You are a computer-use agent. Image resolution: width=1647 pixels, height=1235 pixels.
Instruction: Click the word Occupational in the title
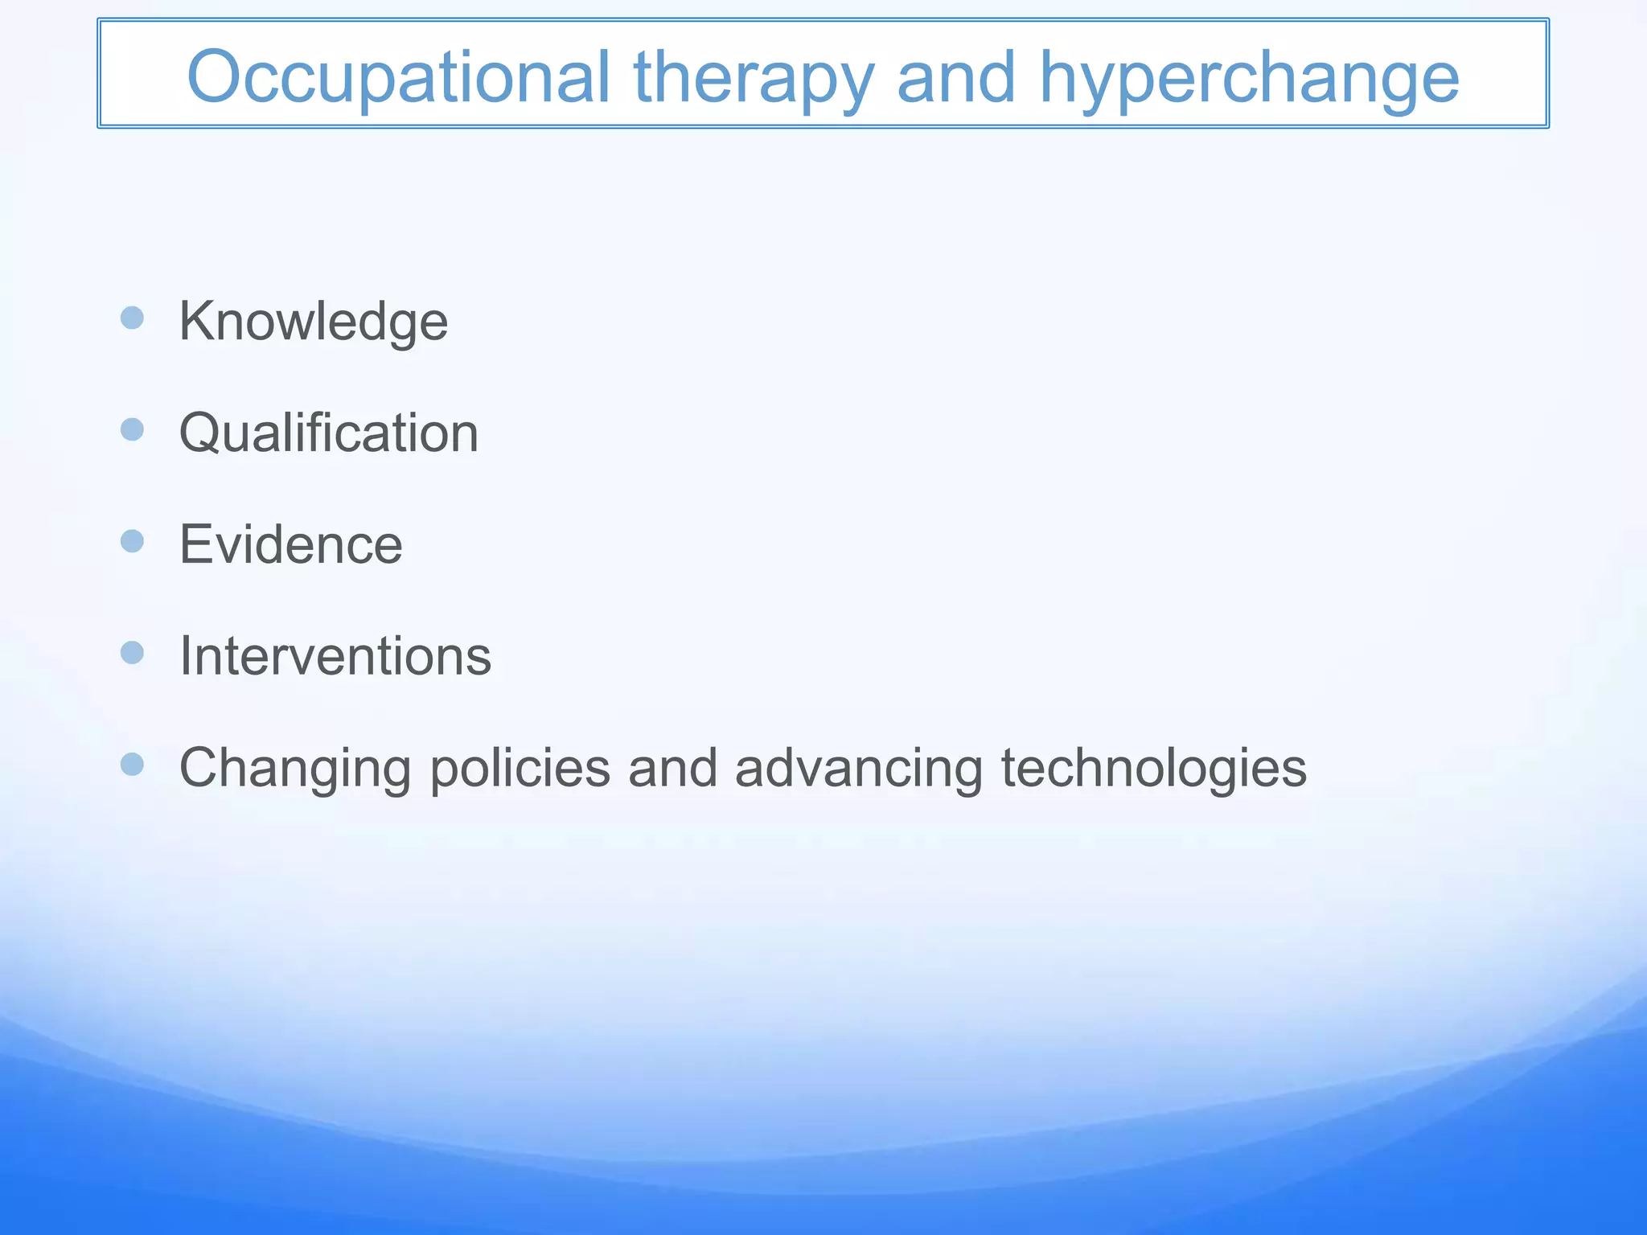398,77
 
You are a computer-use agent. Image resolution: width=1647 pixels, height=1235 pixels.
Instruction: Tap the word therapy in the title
754,79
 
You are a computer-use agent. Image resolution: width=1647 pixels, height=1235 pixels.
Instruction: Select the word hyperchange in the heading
1249,79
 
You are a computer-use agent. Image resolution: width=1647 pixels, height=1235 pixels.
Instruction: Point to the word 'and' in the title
956,77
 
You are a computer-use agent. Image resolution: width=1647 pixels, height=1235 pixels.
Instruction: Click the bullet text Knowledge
313,322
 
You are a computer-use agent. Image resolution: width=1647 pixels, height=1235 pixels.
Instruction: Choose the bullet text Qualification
328,433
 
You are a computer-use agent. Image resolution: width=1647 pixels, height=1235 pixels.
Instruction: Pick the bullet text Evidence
290,544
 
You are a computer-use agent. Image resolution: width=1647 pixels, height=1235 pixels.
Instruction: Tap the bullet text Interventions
335,656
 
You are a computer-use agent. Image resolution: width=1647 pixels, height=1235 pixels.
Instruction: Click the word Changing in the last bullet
295,769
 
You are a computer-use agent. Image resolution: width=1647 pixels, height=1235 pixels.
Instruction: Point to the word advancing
858,768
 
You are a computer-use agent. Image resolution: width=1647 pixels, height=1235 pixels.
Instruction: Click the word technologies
1153,768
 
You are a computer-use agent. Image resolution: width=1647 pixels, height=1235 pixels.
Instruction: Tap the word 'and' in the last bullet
672,768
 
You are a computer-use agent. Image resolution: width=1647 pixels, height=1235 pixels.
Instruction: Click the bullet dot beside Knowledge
132,318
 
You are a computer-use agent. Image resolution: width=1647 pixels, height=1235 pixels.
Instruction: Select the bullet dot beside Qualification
132,429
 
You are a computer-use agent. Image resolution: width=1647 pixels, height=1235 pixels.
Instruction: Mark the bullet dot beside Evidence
132,541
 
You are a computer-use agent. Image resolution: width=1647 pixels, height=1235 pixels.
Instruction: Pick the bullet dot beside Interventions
132,652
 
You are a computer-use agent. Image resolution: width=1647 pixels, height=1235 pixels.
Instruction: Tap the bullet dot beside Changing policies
132,764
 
